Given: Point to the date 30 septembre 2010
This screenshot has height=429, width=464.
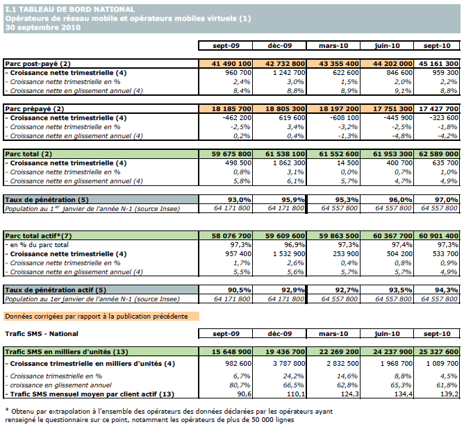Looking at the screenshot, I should tap(42, 28).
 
